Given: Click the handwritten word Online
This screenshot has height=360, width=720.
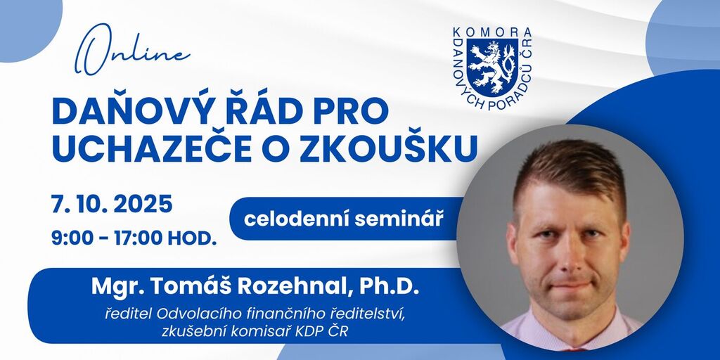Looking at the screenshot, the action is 132,50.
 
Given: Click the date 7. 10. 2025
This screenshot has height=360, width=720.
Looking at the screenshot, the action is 112,205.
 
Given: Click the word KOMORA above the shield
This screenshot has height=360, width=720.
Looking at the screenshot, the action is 492,32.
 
